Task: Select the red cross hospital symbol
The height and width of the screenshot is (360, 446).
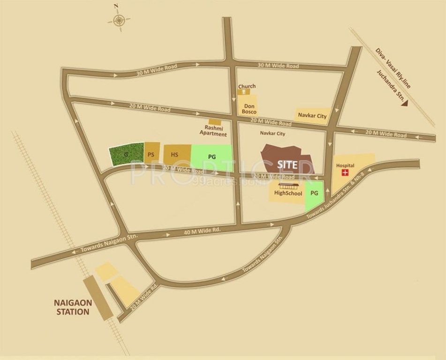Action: pos(346,173)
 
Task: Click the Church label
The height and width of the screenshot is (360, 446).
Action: pos(247,86)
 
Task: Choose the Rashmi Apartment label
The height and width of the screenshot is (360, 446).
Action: pos(213,131)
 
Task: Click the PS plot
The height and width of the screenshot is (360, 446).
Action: pos(151,154)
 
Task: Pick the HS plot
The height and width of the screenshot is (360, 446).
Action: pos(175,154)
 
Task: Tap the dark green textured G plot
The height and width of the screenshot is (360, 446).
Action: pos(126,154)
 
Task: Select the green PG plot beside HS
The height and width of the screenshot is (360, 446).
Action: pos(212,156)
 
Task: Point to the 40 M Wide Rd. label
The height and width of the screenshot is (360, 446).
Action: pos(203,231)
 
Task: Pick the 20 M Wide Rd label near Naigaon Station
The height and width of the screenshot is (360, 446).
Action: pos(143,297)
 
